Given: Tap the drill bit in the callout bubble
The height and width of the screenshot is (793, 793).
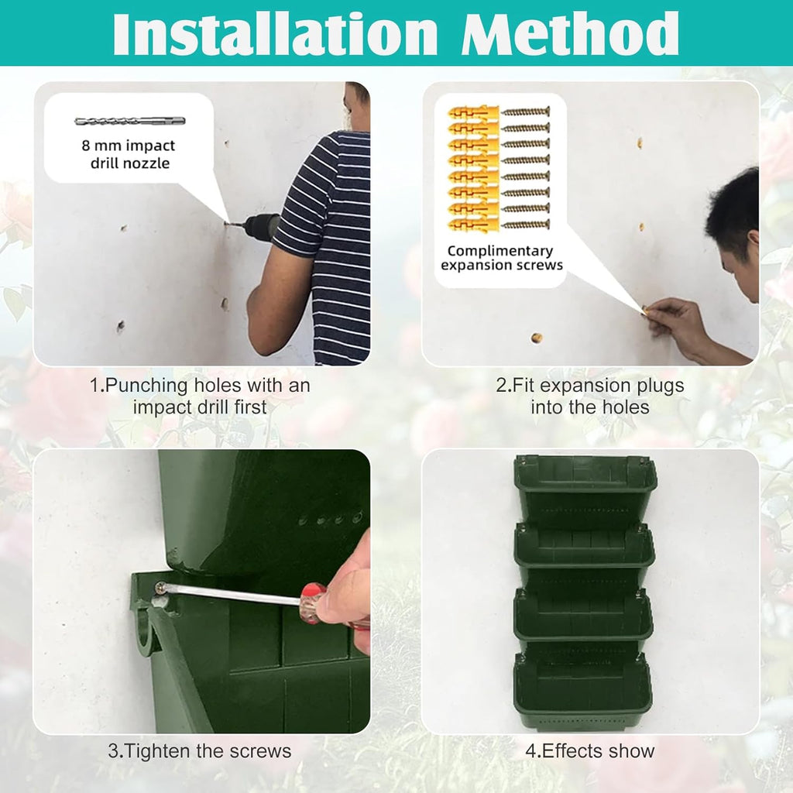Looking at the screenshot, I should (129, 121).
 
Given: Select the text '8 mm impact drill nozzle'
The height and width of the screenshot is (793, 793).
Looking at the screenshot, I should (128, 154).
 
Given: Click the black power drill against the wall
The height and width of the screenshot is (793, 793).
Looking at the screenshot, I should (259, 227).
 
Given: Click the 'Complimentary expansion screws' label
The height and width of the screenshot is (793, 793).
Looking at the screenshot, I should (500, 258).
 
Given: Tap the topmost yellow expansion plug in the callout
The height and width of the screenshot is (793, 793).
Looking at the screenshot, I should (472, 112).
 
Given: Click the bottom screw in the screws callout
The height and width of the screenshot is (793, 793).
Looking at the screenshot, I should (526, 225).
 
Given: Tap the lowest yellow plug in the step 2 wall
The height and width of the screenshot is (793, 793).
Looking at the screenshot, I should (535, 338).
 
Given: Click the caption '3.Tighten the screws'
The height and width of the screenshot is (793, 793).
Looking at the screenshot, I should (200, 750).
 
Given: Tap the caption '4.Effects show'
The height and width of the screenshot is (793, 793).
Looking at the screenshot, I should (590, 750).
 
